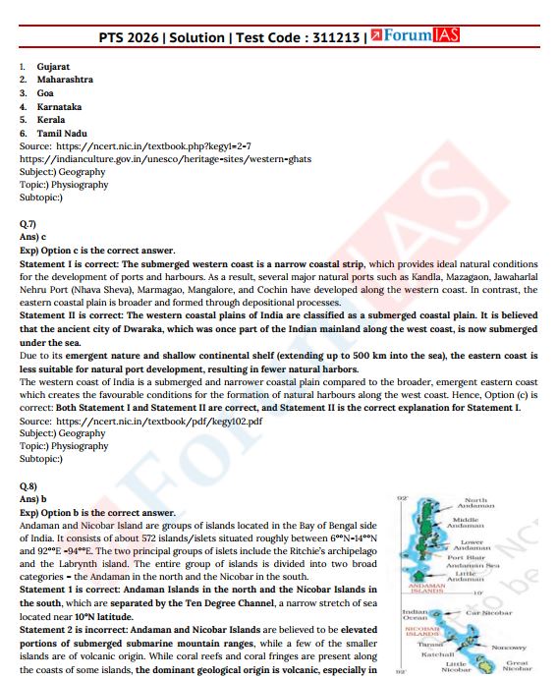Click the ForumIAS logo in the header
click(x=416, y=37)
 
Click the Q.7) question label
click(x=28, y=224)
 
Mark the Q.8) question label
click(x=28, y=486)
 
